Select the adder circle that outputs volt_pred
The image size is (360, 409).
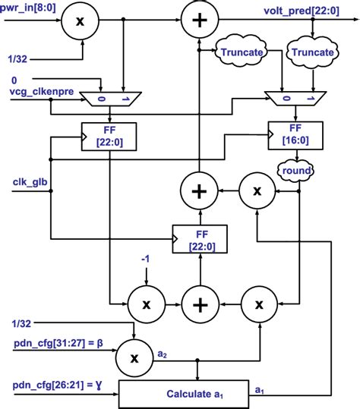[198, 21]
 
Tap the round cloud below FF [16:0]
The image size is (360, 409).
[297, 171]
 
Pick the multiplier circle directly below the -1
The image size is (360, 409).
[141, 304]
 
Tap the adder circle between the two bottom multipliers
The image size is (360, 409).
[199, 304]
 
